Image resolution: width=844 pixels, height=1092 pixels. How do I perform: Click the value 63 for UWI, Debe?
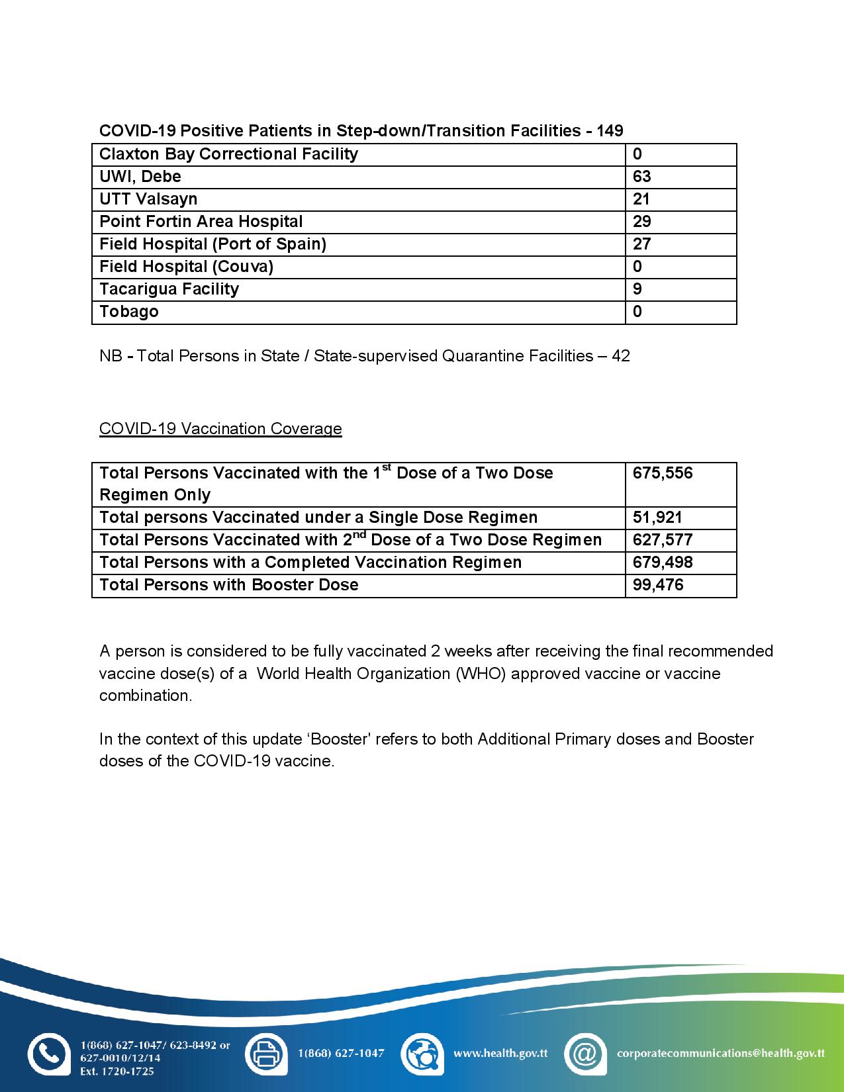point(641,177)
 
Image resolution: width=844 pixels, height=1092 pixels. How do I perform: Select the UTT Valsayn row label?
point(148,199)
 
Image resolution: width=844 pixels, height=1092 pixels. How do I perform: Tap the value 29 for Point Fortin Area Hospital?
point(641,222)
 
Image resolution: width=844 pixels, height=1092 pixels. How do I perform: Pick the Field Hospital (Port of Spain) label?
point(212,244)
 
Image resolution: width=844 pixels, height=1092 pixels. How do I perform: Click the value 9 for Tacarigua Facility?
point(637,289)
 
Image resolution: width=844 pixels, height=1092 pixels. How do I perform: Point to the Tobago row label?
point(129,312)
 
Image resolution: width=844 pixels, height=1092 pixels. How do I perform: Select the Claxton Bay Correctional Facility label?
point(228,154)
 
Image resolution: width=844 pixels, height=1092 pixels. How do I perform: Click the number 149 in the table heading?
point(609,131)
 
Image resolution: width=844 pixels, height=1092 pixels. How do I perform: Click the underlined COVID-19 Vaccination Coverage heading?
point(220,429)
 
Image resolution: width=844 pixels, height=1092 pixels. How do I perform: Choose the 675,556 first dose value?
point(663,473)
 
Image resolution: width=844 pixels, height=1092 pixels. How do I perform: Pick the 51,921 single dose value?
point(657,518)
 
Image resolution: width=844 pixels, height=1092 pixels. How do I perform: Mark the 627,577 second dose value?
point(663,540)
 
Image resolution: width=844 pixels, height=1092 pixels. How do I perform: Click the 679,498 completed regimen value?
point(663,563)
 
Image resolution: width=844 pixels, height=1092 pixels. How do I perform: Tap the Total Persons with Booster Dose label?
point(229,585)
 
